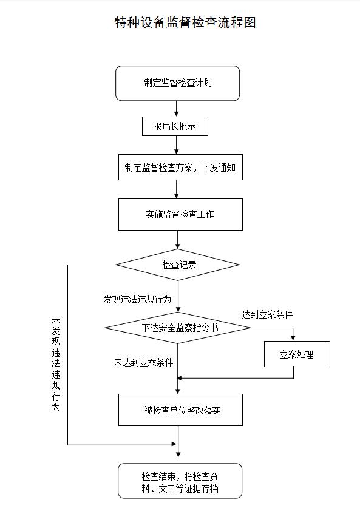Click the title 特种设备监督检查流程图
185,23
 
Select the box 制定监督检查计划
177,83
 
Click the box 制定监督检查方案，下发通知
180,167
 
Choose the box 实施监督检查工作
180,214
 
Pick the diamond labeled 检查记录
178,265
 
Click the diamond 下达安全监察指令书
178,328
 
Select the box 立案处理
296,354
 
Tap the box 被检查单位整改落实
180,410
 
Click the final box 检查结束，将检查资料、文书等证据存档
180,482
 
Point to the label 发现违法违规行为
137,299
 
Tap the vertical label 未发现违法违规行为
56,364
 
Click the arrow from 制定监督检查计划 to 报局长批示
177,109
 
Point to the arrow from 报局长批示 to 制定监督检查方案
177,144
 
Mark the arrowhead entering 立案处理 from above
294,338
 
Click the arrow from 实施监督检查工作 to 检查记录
178,240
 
